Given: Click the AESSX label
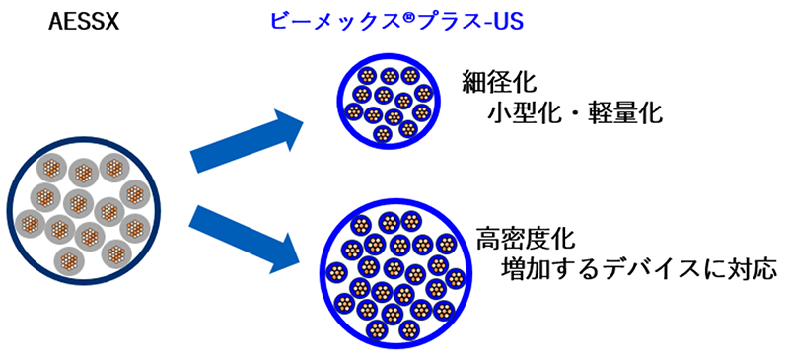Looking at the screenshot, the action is click(85, 22).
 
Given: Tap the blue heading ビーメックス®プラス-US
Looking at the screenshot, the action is click(396, 21).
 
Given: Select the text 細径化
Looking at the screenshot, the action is click(500, 83).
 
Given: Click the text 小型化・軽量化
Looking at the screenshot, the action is click(574, 113).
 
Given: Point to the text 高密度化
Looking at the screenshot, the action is click(526, 239).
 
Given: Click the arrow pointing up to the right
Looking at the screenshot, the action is click(246, 142).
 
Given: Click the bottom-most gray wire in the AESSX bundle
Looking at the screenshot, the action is click(69, 260).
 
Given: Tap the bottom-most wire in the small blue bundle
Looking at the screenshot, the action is click(383, 133).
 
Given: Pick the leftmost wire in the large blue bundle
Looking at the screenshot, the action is click(337, 272).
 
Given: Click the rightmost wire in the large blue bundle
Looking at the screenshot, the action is click(455, 278).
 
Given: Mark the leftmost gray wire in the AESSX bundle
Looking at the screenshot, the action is click(31, 224).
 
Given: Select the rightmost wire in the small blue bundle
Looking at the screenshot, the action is click(424, 93).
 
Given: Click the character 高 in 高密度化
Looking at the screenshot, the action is click(488, 239).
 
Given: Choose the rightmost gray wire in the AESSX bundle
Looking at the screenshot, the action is click(135, 194).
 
